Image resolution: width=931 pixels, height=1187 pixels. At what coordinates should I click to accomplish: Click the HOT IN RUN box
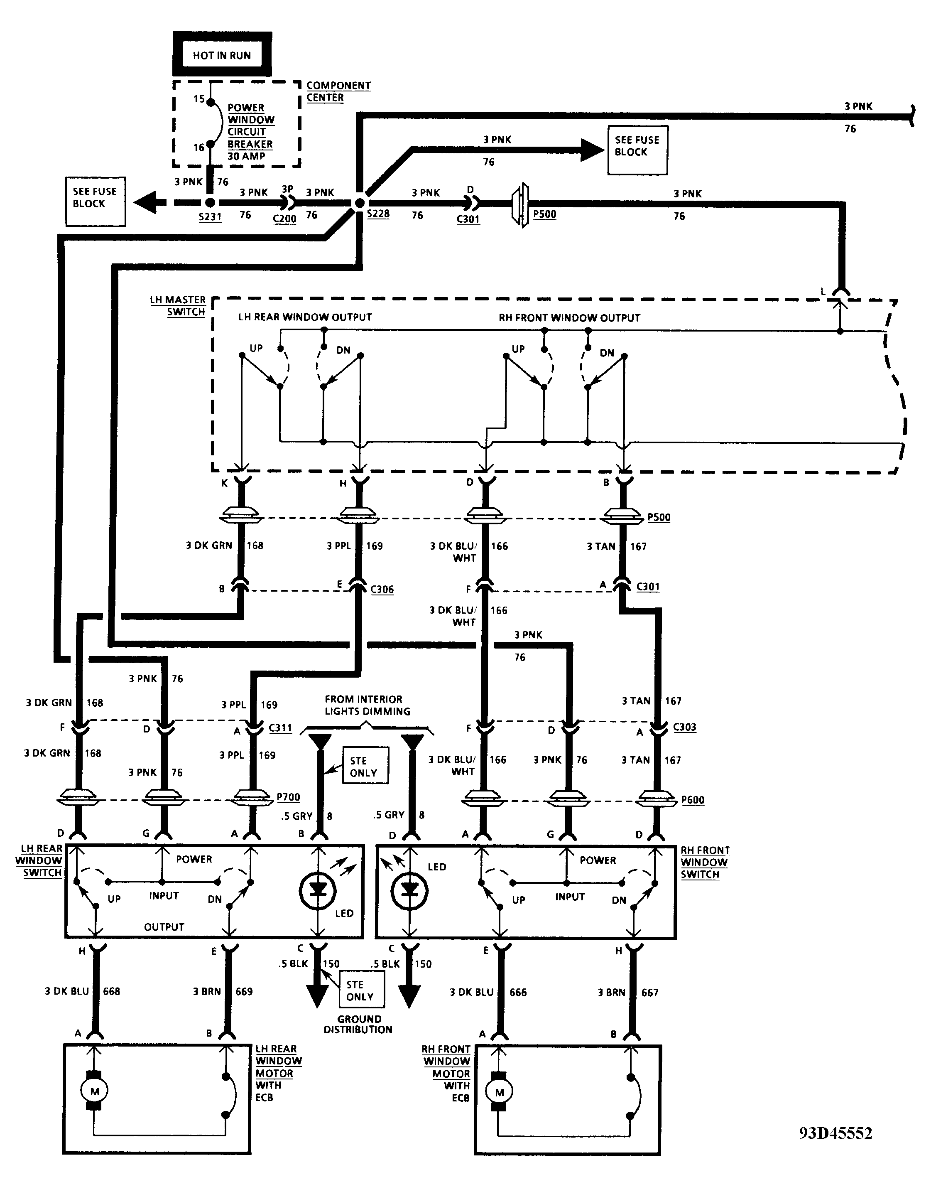click(222, 54)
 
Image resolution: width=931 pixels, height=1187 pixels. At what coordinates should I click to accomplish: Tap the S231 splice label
click(210, 217)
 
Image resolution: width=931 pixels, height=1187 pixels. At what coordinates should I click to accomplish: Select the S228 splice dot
click(360, 204)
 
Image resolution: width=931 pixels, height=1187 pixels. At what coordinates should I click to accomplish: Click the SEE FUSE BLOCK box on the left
click(96, 201)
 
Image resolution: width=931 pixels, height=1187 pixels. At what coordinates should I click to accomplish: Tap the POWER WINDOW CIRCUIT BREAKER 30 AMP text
click(251, 132)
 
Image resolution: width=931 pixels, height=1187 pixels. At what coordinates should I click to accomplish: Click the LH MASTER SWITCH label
click(178, 306)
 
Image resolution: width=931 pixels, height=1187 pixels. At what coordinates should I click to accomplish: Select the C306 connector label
click(382, 590)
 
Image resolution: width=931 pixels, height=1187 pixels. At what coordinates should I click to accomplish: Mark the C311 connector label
click(280, 728)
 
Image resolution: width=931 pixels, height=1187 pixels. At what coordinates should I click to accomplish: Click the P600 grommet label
click(693, 800)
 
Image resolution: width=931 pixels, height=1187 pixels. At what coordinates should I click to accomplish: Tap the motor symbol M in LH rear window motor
click(94, 1091)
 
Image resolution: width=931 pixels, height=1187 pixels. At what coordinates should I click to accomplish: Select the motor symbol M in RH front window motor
click(499, 1092)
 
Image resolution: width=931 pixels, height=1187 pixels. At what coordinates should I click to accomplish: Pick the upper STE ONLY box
click(365, 766)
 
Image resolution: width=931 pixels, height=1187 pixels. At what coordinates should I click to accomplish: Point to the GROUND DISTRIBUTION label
click(358, 1024)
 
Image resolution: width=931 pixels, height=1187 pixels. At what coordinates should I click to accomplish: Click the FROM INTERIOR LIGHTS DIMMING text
click(367, 705)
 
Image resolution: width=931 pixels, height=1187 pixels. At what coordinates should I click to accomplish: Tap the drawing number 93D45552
click(835, 1133)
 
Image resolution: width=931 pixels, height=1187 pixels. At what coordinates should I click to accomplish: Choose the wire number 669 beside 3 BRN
click(244, 991)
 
